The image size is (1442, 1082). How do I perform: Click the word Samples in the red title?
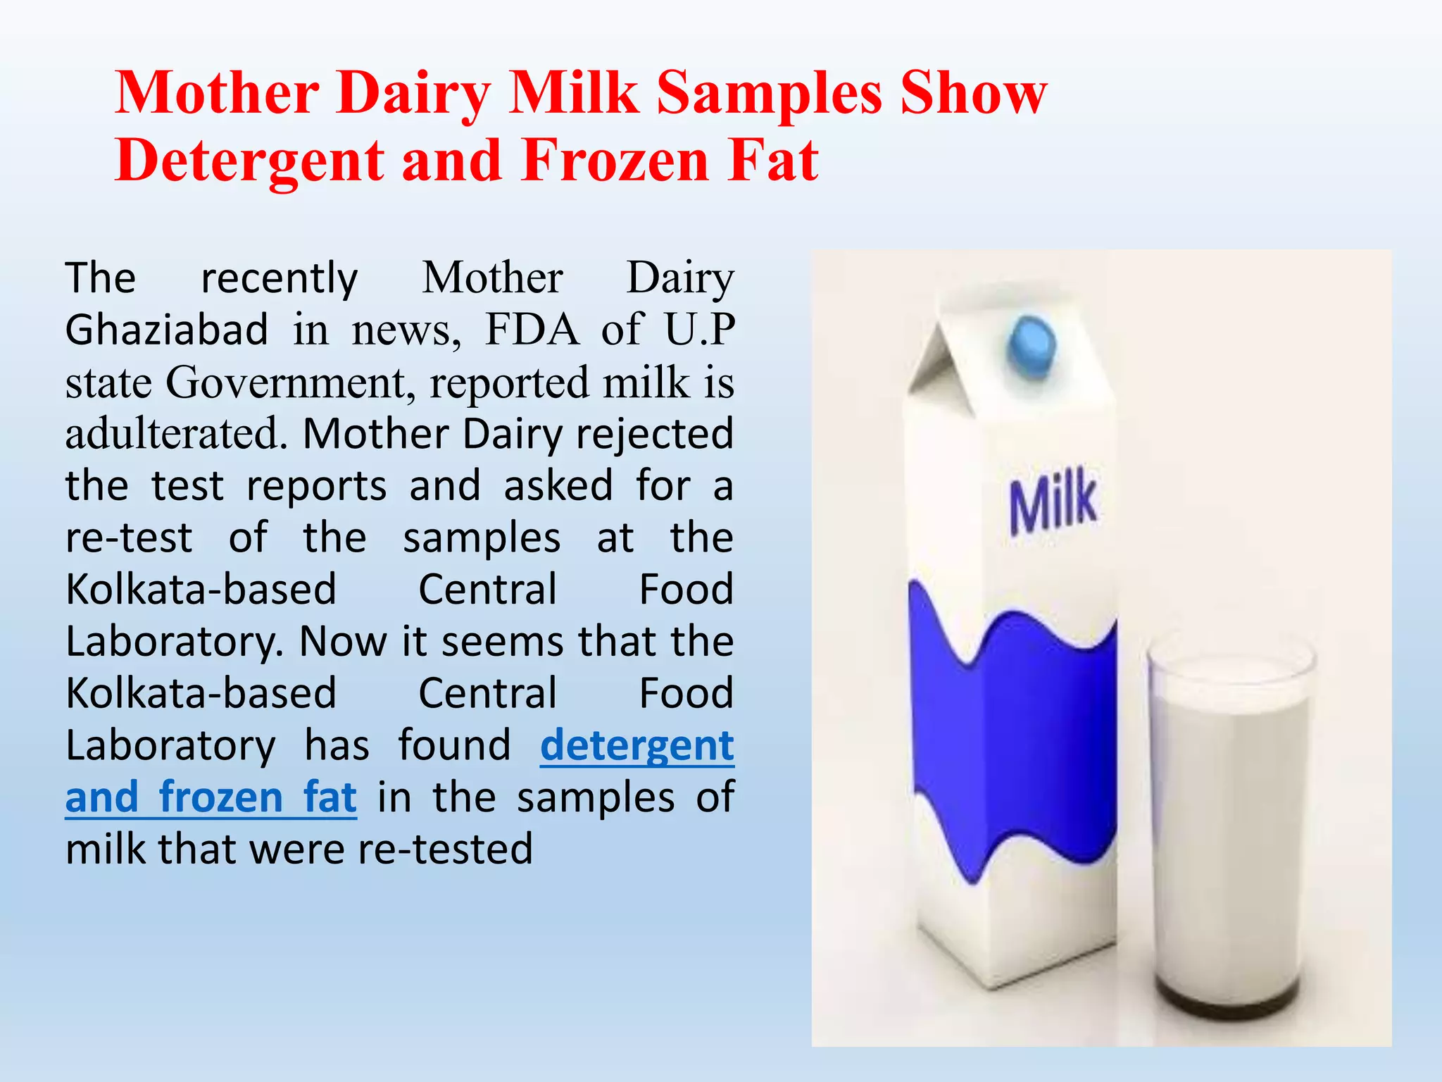(769, 94)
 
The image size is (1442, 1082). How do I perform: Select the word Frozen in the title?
(615, 161)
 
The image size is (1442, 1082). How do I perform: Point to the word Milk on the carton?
(1053, 502)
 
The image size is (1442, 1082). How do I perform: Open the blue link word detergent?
(637, 746)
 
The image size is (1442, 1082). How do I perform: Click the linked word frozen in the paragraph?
(221, 797)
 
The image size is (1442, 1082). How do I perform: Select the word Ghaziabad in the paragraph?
(167, 330)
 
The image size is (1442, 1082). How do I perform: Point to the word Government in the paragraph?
(287, 383)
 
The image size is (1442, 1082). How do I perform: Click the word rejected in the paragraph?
(655, 434)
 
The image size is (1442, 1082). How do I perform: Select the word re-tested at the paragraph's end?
(445, 849)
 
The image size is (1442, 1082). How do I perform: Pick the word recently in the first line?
(280, 279)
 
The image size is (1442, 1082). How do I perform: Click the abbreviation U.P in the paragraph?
(700, 330)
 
